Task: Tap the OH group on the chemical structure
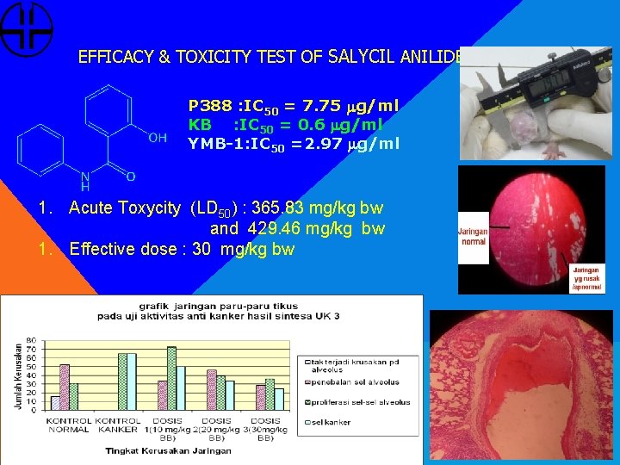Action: tap(158, 137)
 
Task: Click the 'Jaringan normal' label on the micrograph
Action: tap(474, 236)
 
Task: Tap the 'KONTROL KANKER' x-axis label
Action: tap(118, 425)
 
